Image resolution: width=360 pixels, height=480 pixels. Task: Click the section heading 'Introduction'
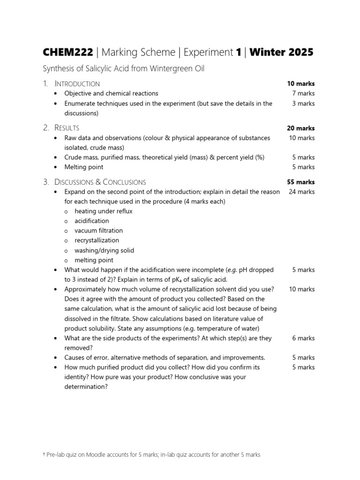pyautogui.click(x=77, y=84)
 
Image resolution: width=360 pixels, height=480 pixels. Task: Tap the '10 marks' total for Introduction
pyautogui.click(x=301, y=84)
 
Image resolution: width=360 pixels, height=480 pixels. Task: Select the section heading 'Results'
pyautogui.click(x=67, y=128)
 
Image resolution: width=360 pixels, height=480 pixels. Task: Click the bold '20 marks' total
pyautogui.click(x=301, y=128)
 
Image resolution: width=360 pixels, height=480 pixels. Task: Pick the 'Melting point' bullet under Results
pyautogui.click(x=84, y=167)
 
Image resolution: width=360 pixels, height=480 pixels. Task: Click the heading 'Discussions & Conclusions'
pyautogui.click(x=100, y=182)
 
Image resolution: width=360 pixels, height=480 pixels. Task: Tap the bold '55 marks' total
pyautogui.click(x=301, y=182)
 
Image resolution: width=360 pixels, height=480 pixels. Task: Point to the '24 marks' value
pyautogui.click(x=302, y=192)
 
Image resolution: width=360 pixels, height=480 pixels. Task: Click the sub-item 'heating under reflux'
pyautogui.click(x=103, y=211)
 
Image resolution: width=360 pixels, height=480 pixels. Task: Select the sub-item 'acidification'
pyautogui.click(x=91, y=221)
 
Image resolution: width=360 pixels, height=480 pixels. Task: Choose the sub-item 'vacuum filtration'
pyautogui.click(x=98, y=231)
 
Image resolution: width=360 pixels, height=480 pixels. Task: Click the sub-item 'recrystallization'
pyautogui.click(x=97, y=240)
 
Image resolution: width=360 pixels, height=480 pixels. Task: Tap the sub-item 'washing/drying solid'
pyautogui.click(x=104, y=250)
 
